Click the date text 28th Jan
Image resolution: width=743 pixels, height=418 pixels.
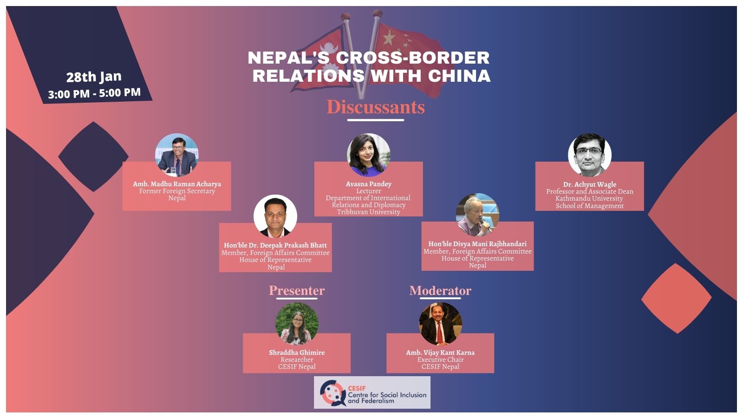coord(94,77)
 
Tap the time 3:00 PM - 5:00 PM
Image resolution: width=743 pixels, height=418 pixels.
coord(94,93)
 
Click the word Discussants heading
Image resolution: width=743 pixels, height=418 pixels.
coord(376,107)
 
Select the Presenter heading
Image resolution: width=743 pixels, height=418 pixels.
coord(297,291)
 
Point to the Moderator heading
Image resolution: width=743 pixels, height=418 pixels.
coord(440,291)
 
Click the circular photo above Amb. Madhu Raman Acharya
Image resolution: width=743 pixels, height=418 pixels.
coord(177,155)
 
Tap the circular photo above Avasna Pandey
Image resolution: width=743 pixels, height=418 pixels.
coord(369,155)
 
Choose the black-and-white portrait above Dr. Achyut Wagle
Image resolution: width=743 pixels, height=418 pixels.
coord(589,155)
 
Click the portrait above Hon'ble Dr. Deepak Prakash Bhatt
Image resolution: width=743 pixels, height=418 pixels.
coord(275,216)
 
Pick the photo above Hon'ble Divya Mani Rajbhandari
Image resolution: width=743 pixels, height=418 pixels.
coord(477,215)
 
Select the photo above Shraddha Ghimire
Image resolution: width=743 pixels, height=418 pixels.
coord(297,324)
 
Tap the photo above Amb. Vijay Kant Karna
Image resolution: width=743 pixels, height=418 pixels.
coord(441,324)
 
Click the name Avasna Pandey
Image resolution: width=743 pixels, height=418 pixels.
coord(369,184)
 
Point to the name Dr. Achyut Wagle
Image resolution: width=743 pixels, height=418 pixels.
coord(589,184)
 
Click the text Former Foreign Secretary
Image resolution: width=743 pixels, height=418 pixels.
coord(177,191)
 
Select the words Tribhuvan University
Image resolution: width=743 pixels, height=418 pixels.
coord(369,212)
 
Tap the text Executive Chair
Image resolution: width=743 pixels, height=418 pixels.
coord(441,359)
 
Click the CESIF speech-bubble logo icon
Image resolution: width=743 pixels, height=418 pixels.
coord(333,393)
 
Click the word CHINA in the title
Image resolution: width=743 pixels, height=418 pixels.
coord(459,76)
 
